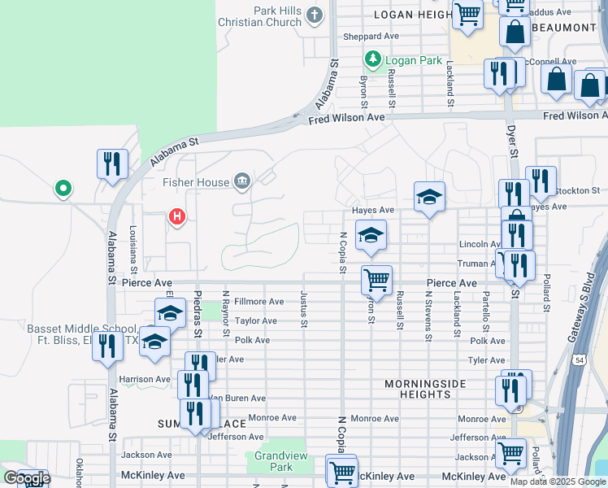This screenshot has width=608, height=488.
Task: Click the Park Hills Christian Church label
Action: [x=259, y=16]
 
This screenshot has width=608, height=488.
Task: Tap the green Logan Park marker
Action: [x=373, y=59]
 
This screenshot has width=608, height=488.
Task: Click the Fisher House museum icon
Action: [x=241, y=181]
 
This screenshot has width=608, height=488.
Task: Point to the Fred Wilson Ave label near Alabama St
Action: [x=346, y=119]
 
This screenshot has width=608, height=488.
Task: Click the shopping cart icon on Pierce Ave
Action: [x=376, y=281]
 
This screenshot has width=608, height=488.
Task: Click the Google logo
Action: [x=26, y=479]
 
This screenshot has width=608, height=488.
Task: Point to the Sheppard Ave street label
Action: [x=371, y=37]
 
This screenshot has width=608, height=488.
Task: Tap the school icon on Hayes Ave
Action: [x=429, y=197]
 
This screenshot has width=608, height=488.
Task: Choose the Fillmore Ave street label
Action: [x=258, y=302]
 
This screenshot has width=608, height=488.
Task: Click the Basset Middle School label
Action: [x=73, y=334]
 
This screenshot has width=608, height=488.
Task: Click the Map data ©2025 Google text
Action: [x=558, y=481]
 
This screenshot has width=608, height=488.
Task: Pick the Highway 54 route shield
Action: [x=579, y=359]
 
